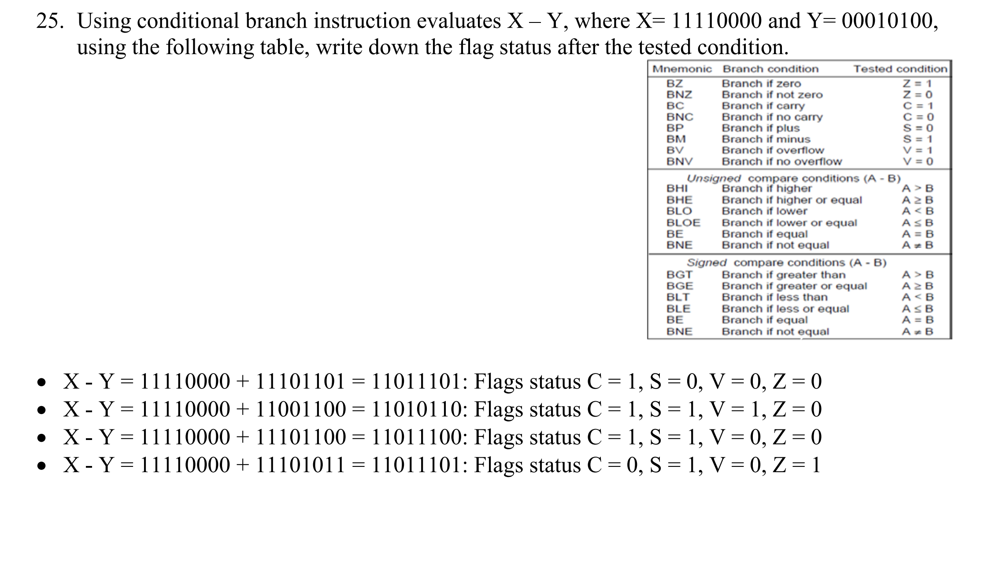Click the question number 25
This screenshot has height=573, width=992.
coord(49,21)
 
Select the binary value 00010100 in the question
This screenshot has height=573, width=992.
coord(889,21)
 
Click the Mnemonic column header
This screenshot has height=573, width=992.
coord(682,69)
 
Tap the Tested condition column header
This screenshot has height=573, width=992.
coord(900,69)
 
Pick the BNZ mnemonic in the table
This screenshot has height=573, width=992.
coord(679,95)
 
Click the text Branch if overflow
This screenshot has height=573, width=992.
coord(773,150)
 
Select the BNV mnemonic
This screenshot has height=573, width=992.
coord(679,162)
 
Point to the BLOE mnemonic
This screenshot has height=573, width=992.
coord(683,223)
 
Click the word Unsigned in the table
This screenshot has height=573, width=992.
coord(714,178)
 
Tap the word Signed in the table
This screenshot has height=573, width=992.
coord(707,263)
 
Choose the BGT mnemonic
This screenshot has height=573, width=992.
coord(679,275)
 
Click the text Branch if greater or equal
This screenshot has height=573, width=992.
coord(794,286)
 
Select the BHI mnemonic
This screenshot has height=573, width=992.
coord(677,189)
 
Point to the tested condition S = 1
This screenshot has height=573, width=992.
coord(918,139)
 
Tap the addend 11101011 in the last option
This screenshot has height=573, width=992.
coord(300,465)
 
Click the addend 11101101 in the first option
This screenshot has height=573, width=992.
coord(300,381)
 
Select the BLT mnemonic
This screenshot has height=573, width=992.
coord(678,297)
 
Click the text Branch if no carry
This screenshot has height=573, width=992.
coord(772,117)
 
